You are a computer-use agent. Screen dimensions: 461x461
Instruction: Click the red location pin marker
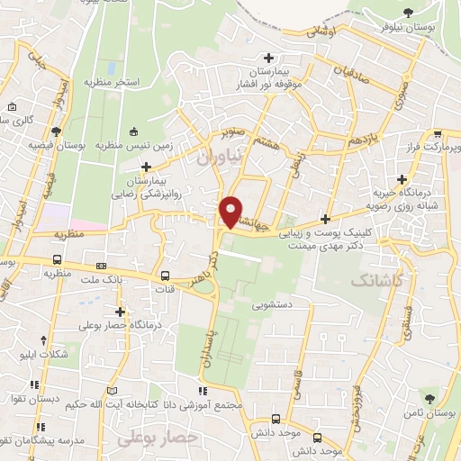pyautogui.click(x=230, y=212)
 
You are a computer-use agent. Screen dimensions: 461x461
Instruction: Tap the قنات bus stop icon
pyautogui.click(x=165, y=277)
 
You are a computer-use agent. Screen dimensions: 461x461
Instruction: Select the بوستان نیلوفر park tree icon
pyautogui.click(x=408, y=12)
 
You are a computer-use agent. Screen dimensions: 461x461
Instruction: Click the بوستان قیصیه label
pyautogui.click(x=56, y=144)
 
